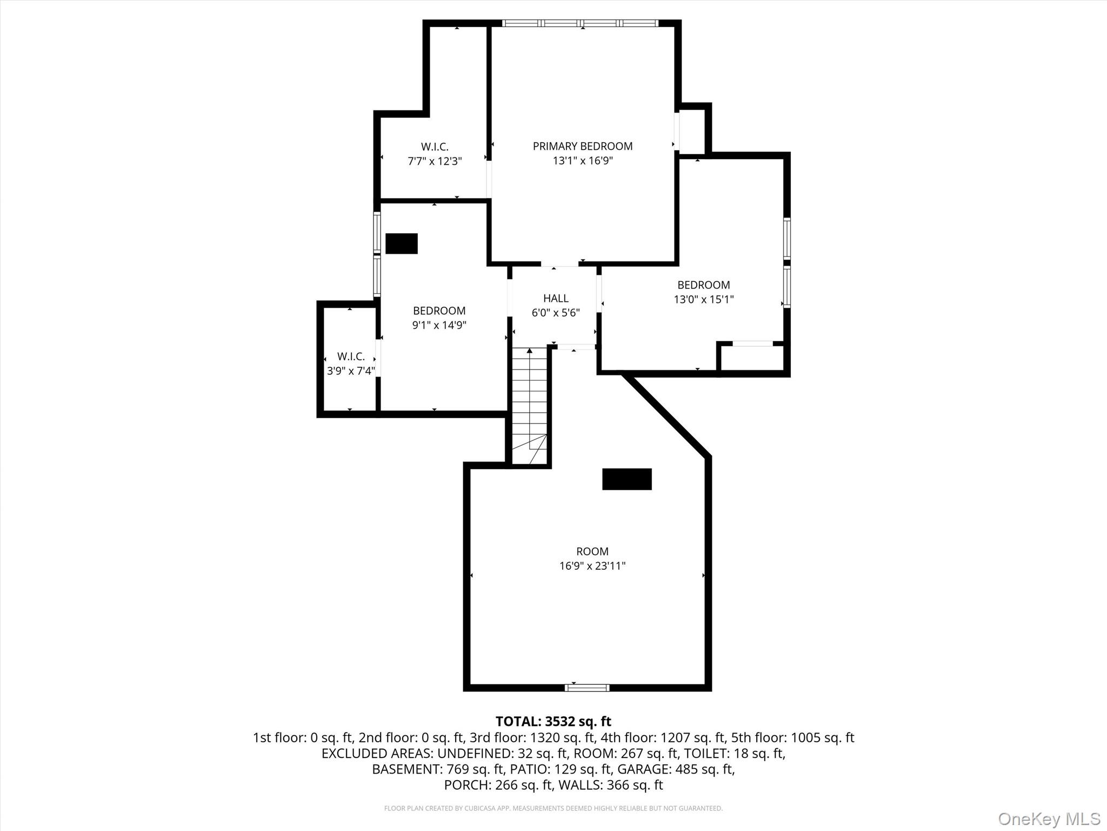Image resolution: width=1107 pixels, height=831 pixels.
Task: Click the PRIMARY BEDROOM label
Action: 582,146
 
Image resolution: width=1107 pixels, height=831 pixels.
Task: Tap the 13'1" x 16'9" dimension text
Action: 582,161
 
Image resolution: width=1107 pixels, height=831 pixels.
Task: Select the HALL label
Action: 556,298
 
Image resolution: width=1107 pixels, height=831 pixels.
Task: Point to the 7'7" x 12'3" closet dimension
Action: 435,161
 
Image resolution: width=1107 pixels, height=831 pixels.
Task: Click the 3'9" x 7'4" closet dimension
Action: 351,371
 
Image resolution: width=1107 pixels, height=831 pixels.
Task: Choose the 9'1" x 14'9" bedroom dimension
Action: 439,325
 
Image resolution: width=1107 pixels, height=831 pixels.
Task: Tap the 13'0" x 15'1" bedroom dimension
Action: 703,299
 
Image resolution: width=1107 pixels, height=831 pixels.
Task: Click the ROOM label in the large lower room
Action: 592,551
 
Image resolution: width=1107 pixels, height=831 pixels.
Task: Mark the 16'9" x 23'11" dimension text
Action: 592,566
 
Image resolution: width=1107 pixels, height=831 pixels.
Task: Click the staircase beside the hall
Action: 530,406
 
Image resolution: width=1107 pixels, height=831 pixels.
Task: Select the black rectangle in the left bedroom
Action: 402,243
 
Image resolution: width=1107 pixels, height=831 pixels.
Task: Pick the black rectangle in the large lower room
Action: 627,479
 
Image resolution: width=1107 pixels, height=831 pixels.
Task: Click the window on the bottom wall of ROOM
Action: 587,688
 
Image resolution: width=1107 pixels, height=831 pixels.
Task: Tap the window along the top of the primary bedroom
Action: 580,23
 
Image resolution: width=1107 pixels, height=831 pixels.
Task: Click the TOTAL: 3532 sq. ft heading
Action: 553,721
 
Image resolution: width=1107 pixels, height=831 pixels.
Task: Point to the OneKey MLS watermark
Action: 1049,819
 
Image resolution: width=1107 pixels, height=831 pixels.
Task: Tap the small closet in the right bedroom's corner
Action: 752,358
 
